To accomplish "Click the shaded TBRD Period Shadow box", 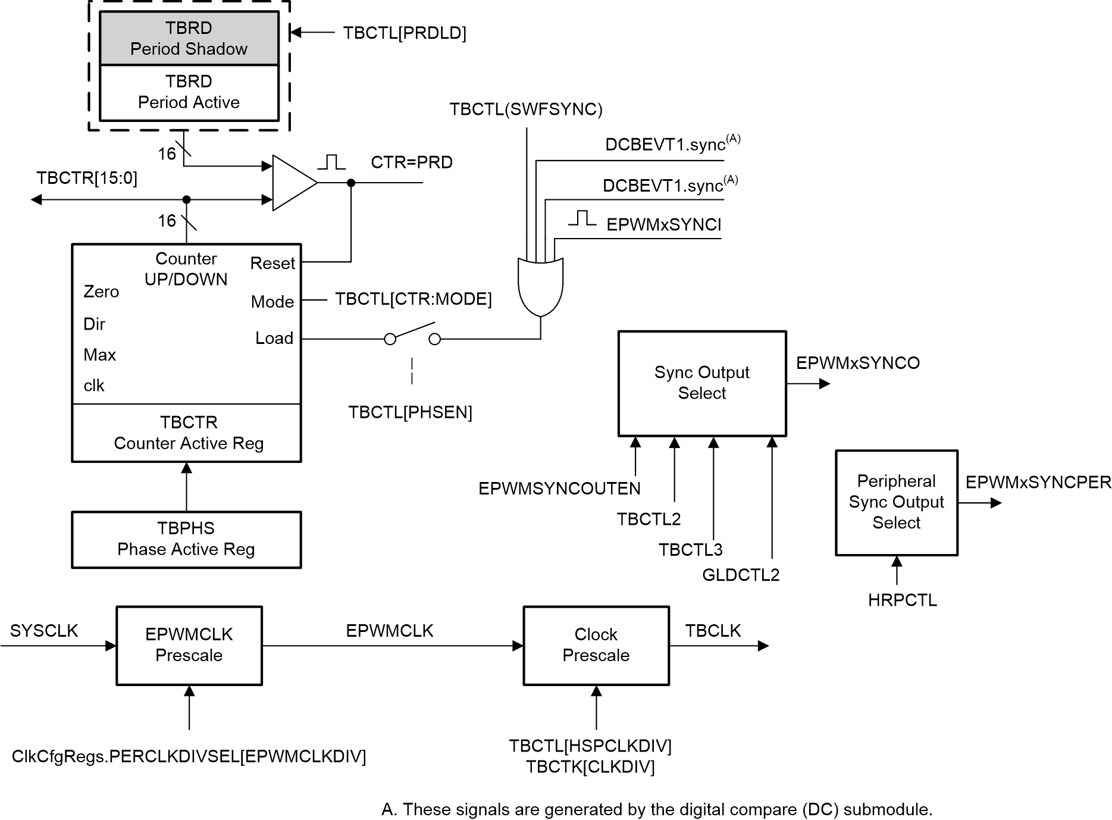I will pos(189,38).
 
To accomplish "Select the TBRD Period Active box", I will pos(189,92).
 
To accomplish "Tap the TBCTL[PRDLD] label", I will pos(404,33).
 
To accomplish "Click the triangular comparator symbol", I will pos(292,183).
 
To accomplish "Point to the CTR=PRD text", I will pos(411,162).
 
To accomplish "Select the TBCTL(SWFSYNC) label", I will pos(525,109).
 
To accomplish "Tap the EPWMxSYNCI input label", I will pos(663,225).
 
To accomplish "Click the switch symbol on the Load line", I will pos(412,334).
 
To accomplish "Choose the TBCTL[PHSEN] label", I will pos(410,412).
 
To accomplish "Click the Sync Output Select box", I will pos(701,383).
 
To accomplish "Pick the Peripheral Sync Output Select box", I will pos(896,502).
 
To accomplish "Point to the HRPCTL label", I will pos(902,600).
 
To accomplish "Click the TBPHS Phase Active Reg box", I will pos(186,539).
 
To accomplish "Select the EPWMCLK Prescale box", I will pos(189,645).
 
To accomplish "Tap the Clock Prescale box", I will pos(596,645).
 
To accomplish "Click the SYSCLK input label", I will pos(44,631).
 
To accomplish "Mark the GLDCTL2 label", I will pos(740,575).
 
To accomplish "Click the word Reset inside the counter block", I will pos(272,263).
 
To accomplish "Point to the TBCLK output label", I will pos(712,631).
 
